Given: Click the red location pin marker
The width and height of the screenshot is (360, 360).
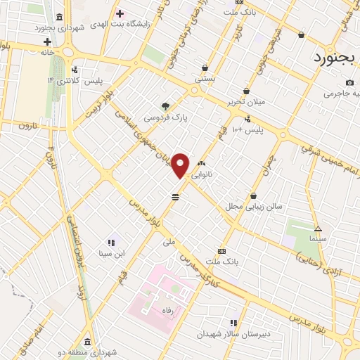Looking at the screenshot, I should point(181,165).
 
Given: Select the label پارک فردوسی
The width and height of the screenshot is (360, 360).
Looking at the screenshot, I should point(165,118).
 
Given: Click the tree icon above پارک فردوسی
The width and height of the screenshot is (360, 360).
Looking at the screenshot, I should point(165,107).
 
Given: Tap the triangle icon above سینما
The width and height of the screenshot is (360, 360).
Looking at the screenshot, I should point(318,229).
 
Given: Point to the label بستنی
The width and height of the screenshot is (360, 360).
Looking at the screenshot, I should point(205,79).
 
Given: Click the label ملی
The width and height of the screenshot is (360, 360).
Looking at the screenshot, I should point(168,240).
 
